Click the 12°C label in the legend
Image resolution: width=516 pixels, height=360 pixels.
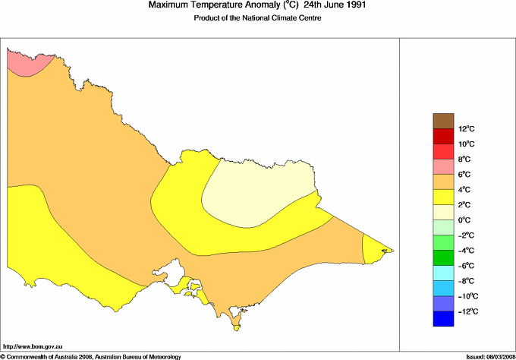tap(466, 129)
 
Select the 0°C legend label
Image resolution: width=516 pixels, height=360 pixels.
tap(464, 220)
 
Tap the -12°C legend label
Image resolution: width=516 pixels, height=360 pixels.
tap(467, 311)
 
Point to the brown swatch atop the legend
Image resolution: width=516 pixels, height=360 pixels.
tap(443, 121)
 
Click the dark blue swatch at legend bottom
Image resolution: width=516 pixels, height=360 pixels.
tap(443, 319)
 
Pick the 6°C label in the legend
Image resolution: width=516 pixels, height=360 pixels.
tap(464, 175)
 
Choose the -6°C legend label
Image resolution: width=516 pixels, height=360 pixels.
tap(466, 266)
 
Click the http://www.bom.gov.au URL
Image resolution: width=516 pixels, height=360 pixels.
tap(32, 346)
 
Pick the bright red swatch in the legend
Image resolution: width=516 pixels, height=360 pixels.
tap(443, 151)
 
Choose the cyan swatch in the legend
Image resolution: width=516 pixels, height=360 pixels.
tap(443, 273)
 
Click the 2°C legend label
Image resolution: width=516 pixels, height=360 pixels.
tap(464, 205)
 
